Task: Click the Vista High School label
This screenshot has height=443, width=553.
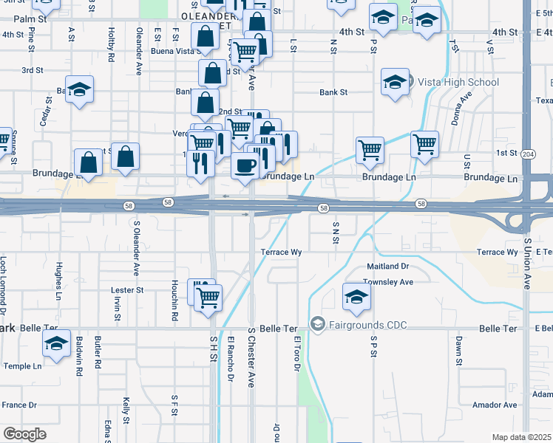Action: (x=458, y=82)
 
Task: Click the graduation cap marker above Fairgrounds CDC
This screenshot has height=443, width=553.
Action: (x=357, y=298)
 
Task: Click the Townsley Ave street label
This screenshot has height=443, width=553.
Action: (x=388, y=282)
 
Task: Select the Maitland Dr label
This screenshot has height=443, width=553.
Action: (x=388, y=266)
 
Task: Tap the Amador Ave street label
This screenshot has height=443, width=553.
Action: (x=495, y=405)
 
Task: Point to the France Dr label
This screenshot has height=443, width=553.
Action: (x=19, y=405)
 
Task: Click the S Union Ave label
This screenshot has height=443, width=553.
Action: (x=528, y=264)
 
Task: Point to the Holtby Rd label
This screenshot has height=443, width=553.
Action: (x=111, y=44)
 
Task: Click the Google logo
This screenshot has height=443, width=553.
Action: (x=24, y=434)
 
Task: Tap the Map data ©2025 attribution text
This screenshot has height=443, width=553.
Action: (x=521, y=437)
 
